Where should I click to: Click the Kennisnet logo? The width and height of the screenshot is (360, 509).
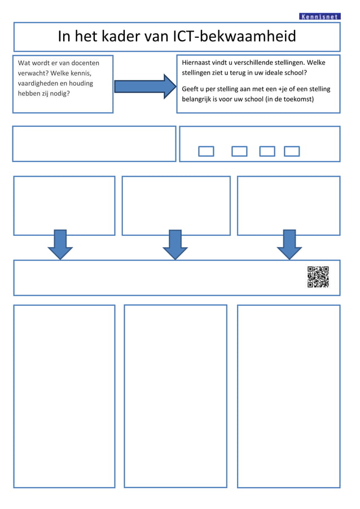pos(319,16)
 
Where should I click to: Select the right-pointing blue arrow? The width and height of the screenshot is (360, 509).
pos(145,86)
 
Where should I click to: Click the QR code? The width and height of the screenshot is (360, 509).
pos(318,277)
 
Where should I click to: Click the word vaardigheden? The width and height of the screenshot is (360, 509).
pos(38,84)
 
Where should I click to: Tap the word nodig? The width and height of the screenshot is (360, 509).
pos(59,94)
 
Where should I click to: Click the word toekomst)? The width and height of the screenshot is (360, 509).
pos(296,99)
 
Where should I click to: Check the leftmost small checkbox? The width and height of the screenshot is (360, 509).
pos(207,151)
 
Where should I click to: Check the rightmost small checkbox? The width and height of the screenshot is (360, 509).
pos(292,151)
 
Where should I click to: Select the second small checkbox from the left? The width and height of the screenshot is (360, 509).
pos(239,151)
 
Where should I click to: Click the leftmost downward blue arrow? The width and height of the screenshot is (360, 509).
pos(60,244)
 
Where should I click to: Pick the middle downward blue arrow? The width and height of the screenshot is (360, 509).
pos(175,244)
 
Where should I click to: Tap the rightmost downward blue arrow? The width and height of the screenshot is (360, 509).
pos(289,244)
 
